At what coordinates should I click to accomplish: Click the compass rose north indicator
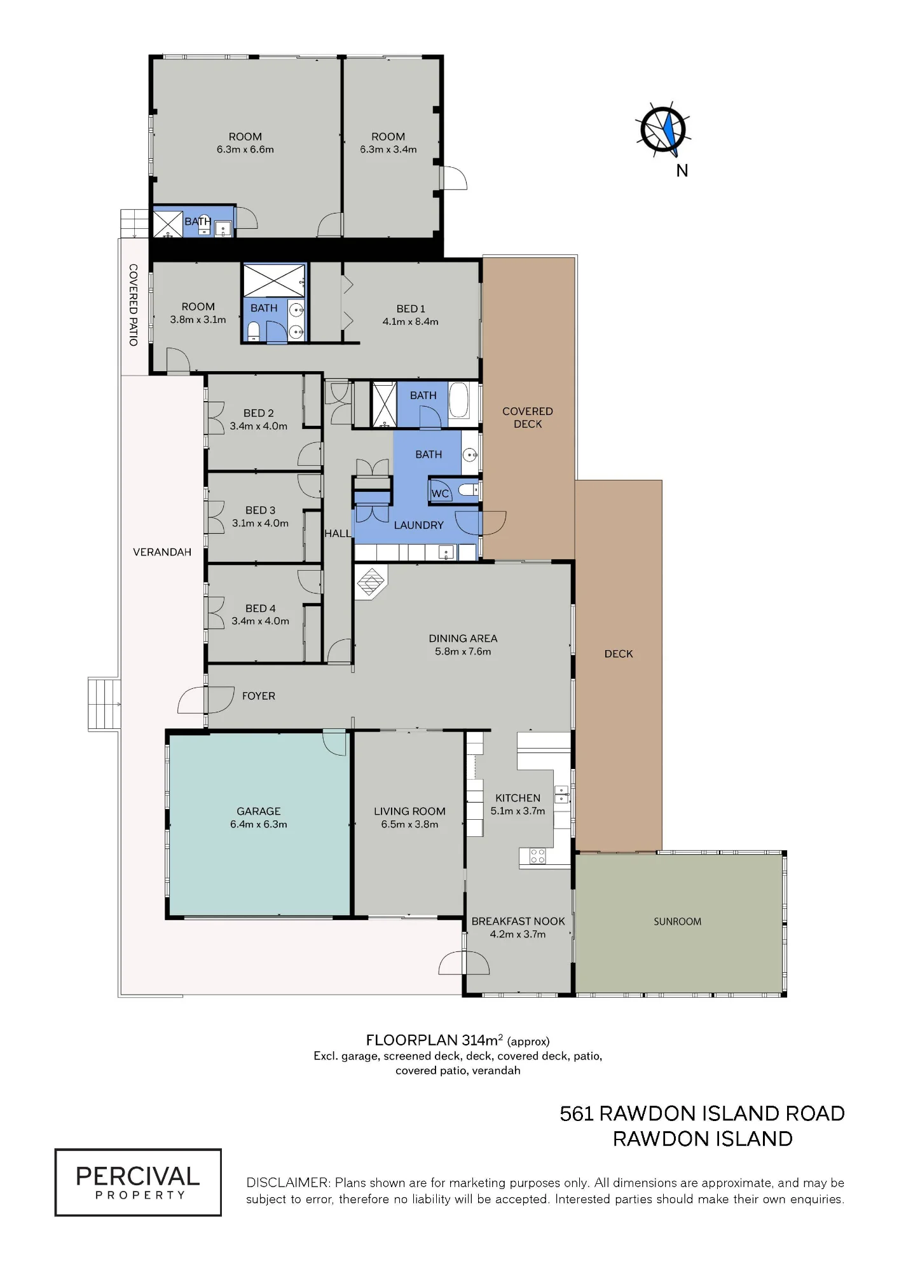[663, 130]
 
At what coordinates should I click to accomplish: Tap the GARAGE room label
[258, 811]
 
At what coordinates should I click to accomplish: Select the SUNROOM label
[677, 921]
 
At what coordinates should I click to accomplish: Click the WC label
[440, 494]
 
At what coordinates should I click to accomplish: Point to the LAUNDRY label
[418, 525]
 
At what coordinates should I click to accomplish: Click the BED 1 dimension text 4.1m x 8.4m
[410, 322]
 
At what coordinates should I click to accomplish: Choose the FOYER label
[259, 696]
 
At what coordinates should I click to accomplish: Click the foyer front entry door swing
[193, 700]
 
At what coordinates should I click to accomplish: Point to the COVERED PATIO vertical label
[134, 305]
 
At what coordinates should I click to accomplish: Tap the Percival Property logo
[138, 1182]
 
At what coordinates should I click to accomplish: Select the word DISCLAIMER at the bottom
[289, 1183]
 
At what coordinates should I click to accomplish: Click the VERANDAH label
[162, 552]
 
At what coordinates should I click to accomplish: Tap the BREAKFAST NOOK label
[518, 921]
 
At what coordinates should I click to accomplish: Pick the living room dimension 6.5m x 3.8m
[409, 824]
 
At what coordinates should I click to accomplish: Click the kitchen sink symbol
[561, 795]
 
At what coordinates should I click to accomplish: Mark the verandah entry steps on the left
[104, 704]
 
